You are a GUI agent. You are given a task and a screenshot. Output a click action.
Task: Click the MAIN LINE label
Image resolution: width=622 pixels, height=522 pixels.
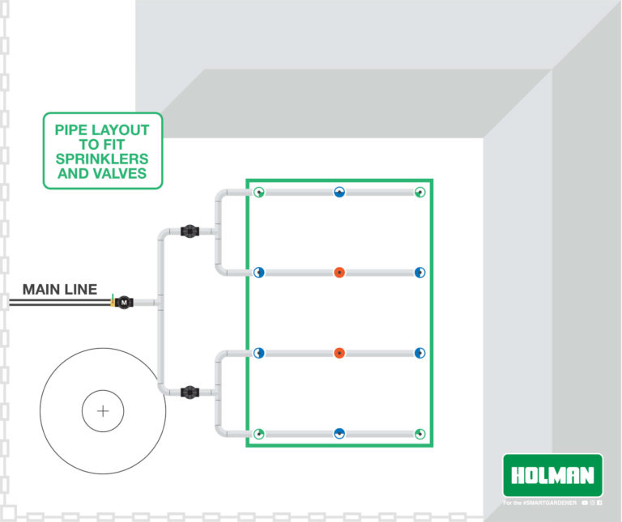click(60, 289)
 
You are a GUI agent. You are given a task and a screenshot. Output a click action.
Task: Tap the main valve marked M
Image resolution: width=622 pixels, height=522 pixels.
click(124, 303)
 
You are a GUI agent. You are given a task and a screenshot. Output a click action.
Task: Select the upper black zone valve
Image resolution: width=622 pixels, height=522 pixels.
click(189, 231)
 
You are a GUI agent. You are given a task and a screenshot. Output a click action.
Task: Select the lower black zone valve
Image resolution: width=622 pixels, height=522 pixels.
click(189, 393)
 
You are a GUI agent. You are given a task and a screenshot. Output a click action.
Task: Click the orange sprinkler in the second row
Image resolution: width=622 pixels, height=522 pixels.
click(339, 272)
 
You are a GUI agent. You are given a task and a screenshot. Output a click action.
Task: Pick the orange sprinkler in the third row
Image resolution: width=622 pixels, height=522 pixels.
click(339, 353)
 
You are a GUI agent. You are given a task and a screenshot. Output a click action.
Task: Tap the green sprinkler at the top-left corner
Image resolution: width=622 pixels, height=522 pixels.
click(258, 193)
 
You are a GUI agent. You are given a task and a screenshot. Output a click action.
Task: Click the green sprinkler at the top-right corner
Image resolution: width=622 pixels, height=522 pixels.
click(420, 193)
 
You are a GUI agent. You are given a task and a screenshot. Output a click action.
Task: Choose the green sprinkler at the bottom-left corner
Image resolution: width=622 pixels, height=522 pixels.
click(258, 434)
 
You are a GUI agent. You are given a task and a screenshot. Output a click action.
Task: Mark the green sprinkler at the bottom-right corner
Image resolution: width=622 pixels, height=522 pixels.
click(420, 434)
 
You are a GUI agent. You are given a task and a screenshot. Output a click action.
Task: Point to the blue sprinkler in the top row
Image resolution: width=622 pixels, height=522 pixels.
click(339, 193)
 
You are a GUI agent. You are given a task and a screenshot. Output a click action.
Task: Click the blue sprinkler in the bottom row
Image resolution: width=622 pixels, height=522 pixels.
click(339, 434)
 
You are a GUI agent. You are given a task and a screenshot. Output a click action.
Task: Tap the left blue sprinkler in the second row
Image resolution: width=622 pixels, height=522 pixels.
click(258, 272)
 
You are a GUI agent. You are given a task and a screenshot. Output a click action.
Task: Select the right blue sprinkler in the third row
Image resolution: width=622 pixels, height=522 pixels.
click(420, 353)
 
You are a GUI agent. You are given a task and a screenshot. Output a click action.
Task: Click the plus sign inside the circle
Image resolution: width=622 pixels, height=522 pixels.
click(103, 411)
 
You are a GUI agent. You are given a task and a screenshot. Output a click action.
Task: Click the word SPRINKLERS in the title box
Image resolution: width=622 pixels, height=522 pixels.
click(102, 158)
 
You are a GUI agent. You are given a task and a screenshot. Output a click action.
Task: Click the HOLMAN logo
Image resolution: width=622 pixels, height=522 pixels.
click(552, 475)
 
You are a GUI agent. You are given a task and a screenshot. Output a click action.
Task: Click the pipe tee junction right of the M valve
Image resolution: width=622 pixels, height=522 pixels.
click(160, 303)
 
